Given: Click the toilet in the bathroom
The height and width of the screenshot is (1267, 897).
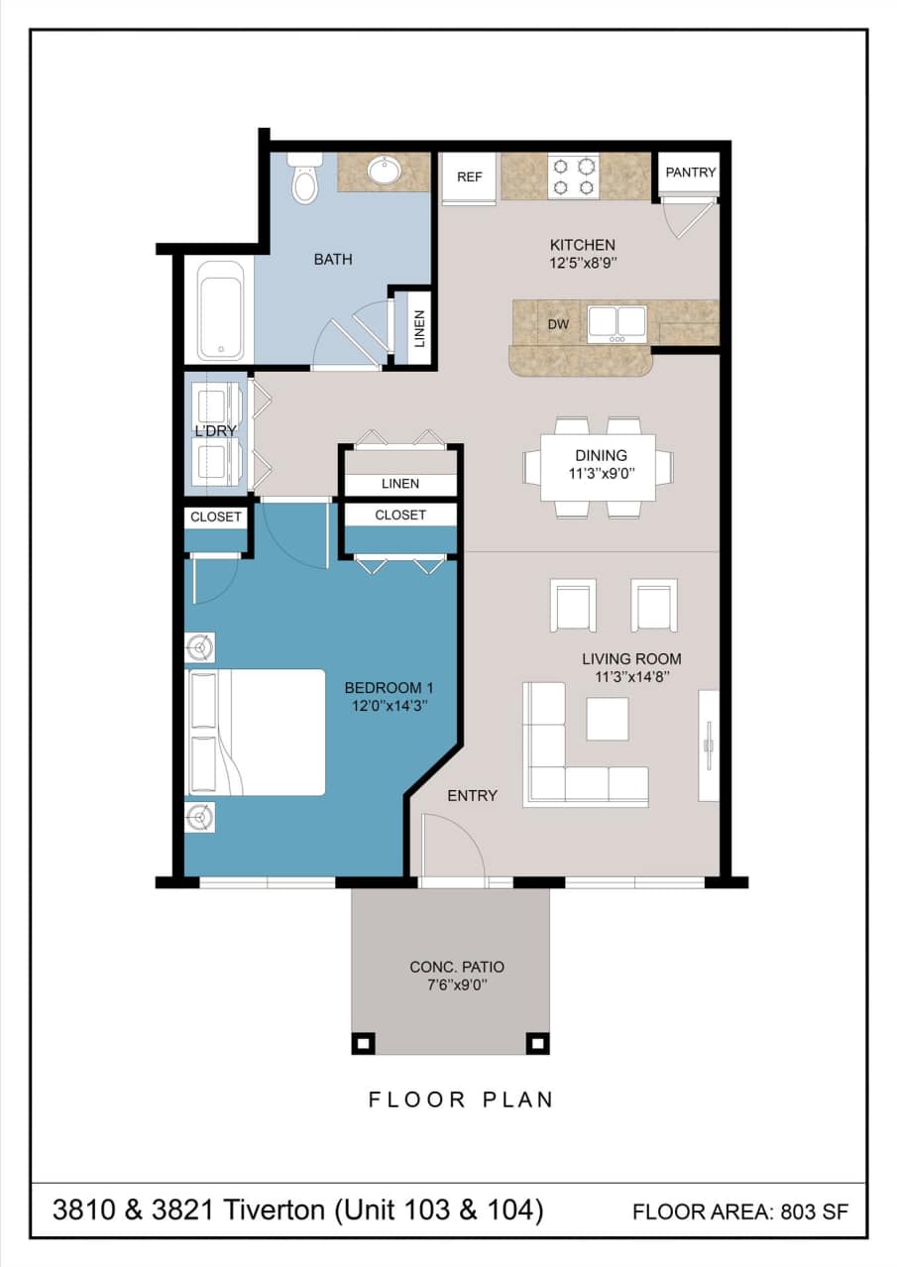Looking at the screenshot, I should (x=304, y=179).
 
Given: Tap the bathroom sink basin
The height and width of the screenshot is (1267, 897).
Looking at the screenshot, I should (x=384, y=171).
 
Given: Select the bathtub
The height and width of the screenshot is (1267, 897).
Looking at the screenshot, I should (x=220, y=310).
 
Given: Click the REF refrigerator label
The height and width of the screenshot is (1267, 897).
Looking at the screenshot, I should (x=469, y=177).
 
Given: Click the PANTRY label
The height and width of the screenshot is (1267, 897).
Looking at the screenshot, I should (x=691, y=173).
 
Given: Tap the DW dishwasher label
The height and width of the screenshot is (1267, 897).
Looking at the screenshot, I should (x=557, y=323).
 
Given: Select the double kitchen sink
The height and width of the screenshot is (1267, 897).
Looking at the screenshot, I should (x=617, y=323).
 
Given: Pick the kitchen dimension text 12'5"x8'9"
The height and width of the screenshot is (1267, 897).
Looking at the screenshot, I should (x=583, y=265).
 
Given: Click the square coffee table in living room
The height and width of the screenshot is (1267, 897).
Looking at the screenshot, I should (x=607, y=719).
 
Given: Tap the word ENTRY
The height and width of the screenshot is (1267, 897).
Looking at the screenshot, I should (x=472, y=795).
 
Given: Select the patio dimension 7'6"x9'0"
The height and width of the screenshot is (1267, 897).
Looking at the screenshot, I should (x=450, y=986).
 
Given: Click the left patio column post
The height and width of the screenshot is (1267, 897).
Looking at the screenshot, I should (x=364, y=1043).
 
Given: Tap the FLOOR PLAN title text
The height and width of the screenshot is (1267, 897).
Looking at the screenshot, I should (x=461, y=1099).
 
